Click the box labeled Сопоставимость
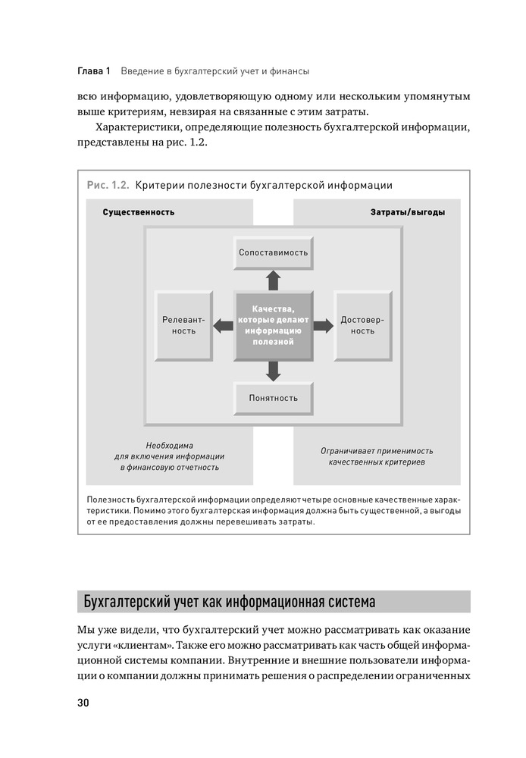coord(273,252)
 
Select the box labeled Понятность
coord(273,398)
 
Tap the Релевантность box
coord(183,326)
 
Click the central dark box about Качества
coord(273,326)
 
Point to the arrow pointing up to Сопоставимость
coord(273,280)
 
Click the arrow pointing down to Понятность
coord(273,371)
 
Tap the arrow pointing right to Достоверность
coord(323,326)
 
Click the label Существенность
coord(138,212)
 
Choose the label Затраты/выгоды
coord(408,212)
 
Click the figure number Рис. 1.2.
coord(108,184)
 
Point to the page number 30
coord(83,702)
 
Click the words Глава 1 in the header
coord(94,70)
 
